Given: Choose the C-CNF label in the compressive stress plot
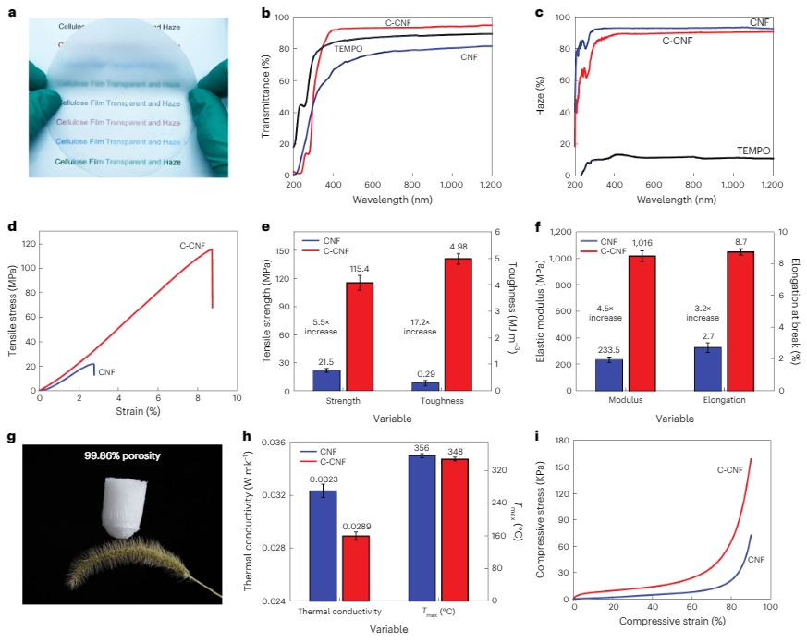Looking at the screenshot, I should click(731, 470).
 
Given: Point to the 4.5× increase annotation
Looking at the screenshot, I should click(606, 310).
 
